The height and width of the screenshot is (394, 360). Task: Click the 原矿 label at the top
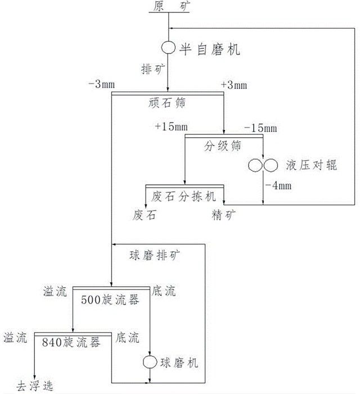coord(169,6)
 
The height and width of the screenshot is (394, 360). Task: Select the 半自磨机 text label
coord(210,49)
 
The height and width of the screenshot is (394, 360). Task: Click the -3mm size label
coord(101,84)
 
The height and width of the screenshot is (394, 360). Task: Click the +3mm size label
coord(234,84)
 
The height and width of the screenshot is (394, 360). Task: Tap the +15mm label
coord(168,127)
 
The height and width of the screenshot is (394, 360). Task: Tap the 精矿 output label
coord(223,215)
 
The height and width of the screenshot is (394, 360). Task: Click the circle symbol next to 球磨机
coord(150,363)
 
